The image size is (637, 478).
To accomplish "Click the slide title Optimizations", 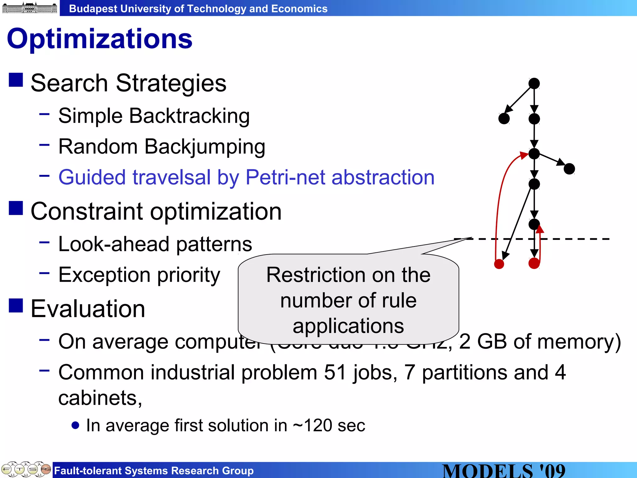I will [100, 39].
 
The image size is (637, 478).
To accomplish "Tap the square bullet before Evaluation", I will [16, 305].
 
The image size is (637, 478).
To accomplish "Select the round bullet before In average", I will [75, 425].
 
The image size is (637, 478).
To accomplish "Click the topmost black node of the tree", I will [534, 83].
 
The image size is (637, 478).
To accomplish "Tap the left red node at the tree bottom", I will [499, 264].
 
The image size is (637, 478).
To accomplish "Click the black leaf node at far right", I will [569, 169].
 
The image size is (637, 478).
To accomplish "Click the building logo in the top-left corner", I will [30, 7].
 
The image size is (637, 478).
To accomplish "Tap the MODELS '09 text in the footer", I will [504, 471].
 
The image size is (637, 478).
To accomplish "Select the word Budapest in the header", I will [93, 9].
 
